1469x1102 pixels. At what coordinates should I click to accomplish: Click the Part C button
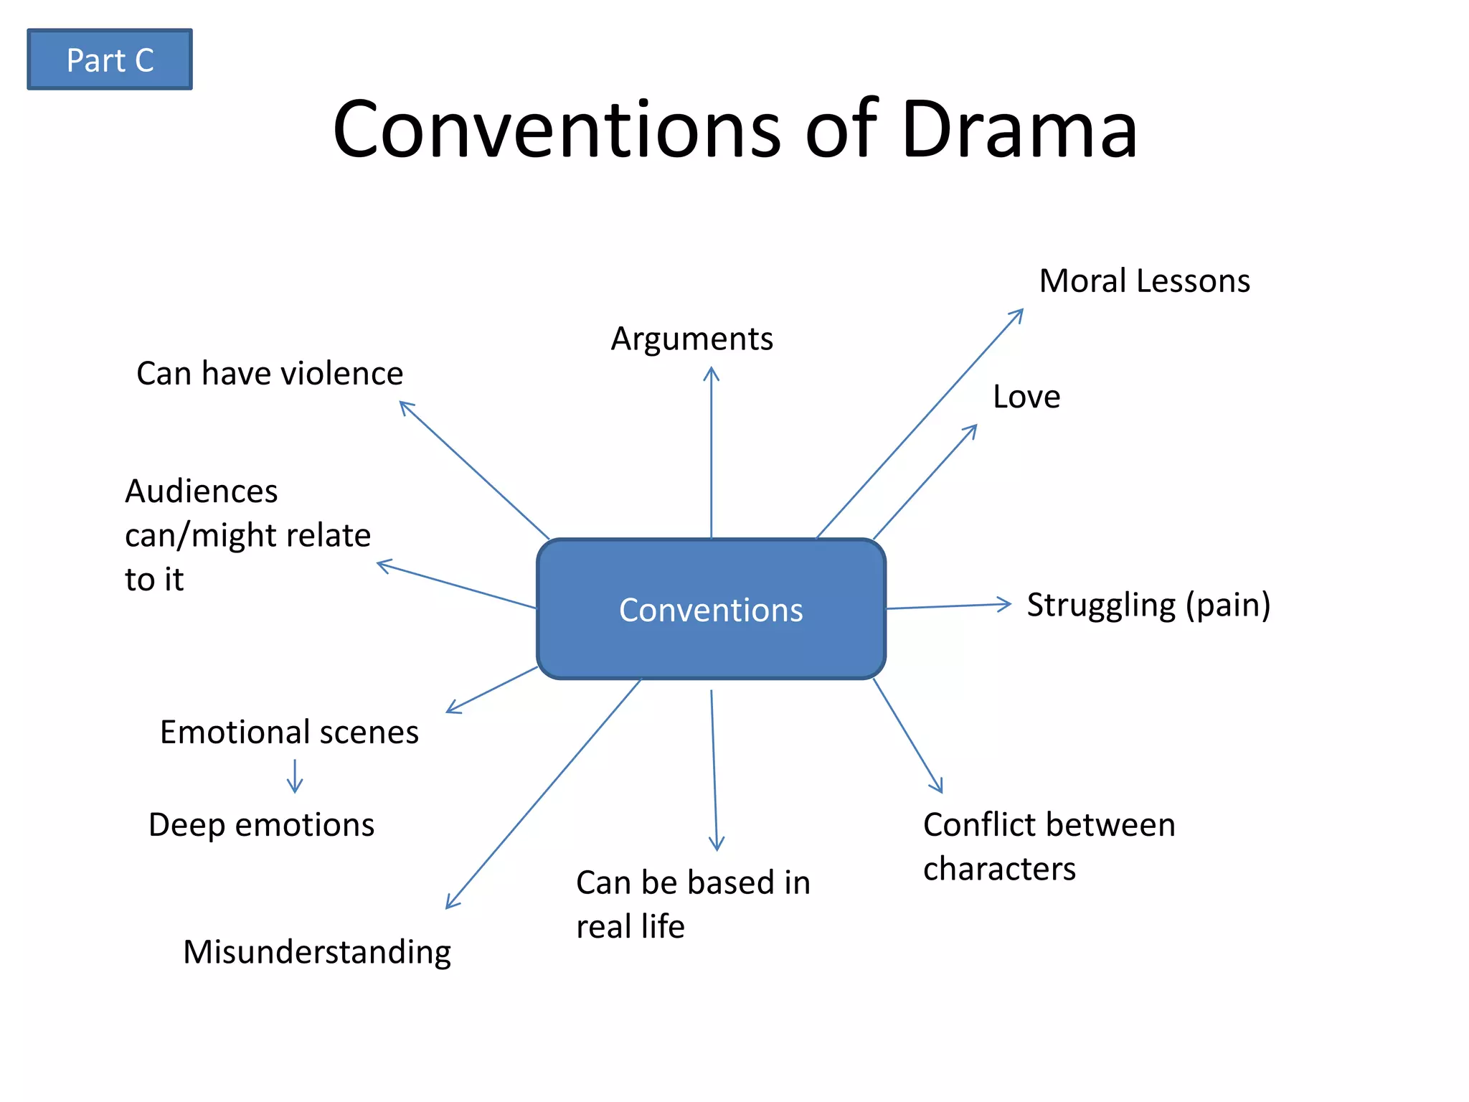[x=110, y=60]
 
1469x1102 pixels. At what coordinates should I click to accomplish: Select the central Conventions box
[x=711, y=609]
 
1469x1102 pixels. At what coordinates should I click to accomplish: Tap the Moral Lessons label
[x=1144, y=281]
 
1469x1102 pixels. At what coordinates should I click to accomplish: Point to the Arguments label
[x=691, y=339]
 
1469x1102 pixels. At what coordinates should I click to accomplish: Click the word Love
[x=1026, y=397]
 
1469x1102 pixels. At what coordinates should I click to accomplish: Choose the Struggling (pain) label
[x=1148, y=605]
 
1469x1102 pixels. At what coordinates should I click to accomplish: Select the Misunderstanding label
[x=317, y=952]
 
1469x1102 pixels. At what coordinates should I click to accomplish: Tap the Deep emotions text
[x=261, y=824]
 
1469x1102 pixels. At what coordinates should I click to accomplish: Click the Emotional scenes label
[x=289, y=732]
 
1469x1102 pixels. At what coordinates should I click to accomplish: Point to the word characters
[x=999, y=869]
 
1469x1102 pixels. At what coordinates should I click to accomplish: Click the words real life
[x=630, y=926]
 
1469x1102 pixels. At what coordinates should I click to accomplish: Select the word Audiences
[x=201, y=491]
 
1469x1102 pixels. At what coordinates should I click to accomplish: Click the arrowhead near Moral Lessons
[x=1018, y=314]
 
